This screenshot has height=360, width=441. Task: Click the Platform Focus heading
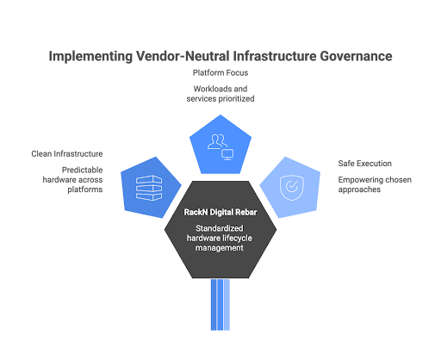220,72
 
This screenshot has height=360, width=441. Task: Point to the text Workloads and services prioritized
220,94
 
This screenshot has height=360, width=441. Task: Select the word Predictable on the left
81,171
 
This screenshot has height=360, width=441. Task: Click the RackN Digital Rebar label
220,212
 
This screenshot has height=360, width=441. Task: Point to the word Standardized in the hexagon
220,228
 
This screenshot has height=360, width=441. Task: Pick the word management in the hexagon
220,248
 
